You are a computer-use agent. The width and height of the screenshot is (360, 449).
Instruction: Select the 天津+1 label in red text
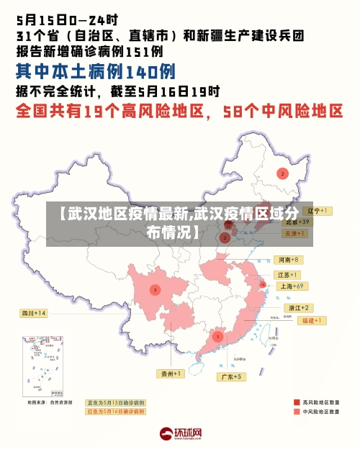[297, 234]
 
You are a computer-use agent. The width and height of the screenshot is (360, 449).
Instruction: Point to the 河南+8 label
[287, 259]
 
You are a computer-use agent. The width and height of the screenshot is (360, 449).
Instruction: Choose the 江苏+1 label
[287, 275]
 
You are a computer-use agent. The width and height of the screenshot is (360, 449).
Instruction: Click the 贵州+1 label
[171, 373]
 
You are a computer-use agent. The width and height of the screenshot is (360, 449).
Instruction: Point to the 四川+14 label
[33, 313]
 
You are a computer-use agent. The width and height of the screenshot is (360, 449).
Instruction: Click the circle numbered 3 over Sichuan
[154, 289]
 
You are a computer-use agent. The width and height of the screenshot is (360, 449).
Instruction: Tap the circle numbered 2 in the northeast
[283, 173]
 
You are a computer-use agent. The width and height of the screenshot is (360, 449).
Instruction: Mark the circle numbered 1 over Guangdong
[217, 336]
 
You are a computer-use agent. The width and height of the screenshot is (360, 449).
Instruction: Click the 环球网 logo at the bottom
[180, 434]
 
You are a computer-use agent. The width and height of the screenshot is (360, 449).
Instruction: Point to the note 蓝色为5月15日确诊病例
[115, 403]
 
